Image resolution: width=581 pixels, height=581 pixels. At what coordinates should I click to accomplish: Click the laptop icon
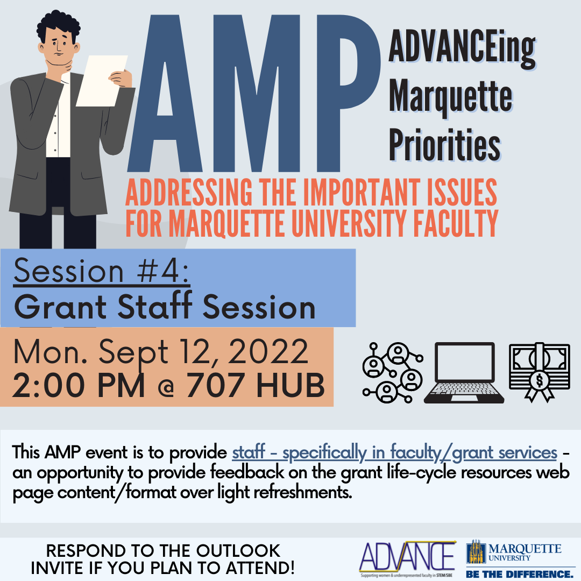tap(464, 373)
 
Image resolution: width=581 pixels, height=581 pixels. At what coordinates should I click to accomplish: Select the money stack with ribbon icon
tap(539, 372)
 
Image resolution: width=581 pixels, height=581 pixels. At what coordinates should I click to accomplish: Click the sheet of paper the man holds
tap(102, 81)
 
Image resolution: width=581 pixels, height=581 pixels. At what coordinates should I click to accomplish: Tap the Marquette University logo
tap(514, 552)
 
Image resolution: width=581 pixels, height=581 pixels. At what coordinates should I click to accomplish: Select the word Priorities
tap(445, 145)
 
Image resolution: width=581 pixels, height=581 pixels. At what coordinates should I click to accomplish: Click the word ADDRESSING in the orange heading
tap(189, 192)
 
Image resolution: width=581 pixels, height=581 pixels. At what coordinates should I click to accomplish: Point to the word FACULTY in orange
tap(456, 223)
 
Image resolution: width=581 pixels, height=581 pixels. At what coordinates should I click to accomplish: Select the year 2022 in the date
tap(268, 351)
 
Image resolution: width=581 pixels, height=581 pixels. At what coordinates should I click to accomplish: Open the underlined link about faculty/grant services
tap(395, 452)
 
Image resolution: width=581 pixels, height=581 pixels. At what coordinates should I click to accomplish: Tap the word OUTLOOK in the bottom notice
tap(238, 551)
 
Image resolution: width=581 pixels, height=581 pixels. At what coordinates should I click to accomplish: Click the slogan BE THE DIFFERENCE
tap(519, 574)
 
